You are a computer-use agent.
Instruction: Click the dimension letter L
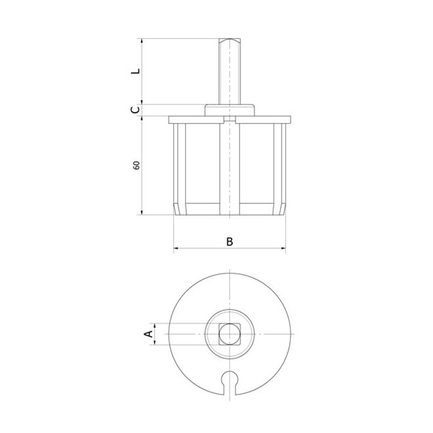[136, 70]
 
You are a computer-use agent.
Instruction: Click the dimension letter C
[135, 110]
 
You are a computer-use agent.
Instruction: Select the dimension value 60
[136, 165]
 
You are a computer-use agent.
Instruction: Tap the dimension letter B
[230, 241]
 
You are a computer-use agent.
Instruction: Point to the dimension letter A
[148, 333]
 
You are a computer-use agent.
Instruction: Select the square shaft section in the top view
[230, 334]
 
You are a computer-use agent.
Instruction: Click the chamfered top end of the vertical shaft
[230, 41]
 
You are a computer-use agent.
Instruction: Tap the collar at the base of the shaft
[230, 110]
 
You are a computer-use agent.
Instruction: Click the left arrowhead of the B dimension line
[176, 248]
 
